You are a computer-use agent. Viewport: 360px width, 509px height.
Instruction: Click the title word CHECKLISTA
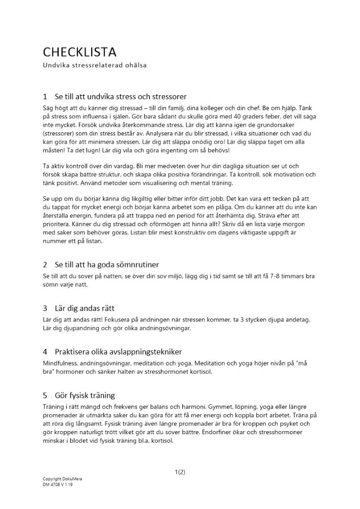[x=79, y=52]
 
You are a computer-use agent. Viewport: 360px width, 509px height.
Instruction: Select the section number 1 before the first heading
[x=45, y=96]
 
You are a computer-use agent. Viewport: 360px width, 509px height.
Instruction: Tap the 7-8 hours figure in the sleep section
[x=270, y=276]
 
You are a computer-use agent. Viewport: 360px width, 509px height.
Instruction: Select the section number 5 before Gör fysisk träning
[x=45, y=395]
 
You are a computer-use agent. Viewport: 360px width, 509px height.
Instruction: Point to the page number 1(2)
[x=180, y=472]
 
